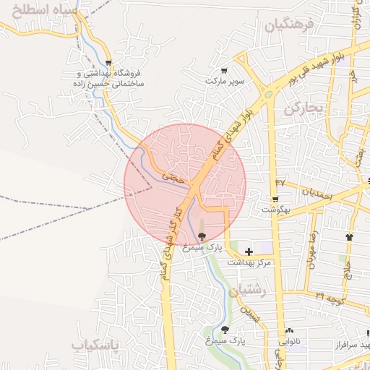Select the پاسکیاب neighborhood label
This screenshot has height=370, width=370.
(x=99, y=345)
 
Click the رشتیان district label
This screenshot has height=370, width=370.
(x=247, y=291)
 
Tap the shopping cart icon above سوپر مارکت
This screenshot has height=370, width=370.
(x=224, y=71)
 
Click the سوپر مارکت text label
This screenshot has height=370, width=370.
(x=224, y=82)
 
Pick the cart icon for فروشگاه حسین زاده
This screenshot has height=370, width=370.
(x=108, y=63)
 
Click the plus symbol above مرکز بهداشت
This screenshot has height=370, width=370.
(x=249, y=251)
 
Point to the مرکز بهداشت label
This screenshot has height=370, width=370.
(x=249, y=263)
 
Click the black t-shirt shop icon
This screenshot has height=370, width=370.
(x=350, y=236)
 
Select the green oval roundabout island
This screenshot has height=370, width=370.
(x=269, y=94)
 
